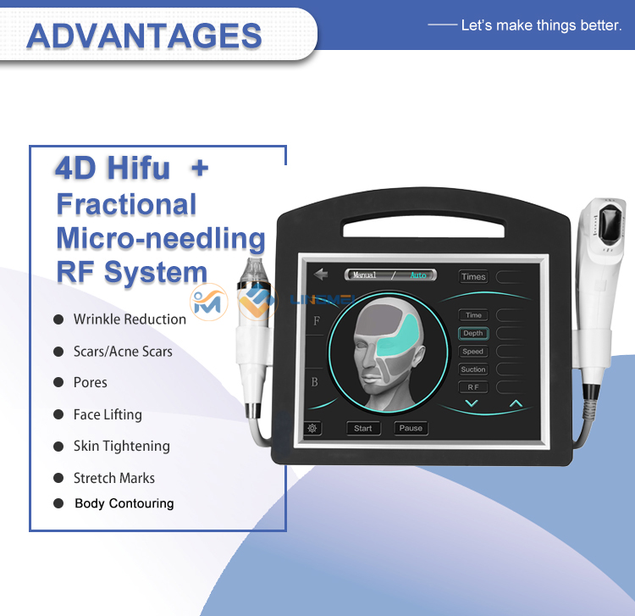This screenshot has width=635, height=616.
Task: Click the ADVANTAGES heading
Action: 144,36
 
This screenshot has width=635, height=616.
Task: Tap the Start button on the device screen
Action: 363,429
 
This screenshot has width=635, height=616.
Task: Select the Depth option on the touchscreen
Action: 473,333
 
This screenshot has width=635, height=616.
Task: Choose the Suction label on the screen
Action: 473,369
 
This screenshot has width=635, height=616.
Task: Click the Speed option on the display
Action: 473,352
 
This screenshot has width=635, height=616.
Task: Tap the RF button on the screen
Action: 473,387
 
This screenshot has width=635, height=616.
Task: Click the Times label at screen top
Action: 473,277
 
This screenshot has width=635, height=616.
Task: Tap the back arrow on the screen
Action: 321,275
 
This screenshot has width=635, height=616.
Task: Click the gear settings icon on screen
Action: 312,428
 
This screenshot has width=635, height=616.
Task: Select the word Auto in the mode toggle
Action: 418,275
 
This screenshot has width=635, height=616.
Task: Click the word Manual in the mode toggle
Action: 364,275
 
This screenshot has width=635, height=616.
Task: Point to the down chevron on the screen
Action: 472,403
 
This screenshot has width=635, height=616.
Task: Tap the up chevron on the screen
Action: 516,403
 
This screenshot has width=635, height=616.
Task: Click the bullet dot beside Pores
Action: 58,382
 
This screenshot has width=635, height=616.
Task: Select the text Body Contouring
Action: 124,503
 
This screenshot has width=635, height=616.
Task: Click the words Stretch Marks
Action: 114,478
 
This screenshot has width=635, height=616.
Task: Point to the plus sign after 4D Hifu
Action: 200,168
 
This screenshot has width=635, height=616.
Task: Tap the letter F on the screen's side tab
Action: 317,321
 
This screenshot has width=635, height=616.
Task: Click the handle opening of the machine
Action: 423,227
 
